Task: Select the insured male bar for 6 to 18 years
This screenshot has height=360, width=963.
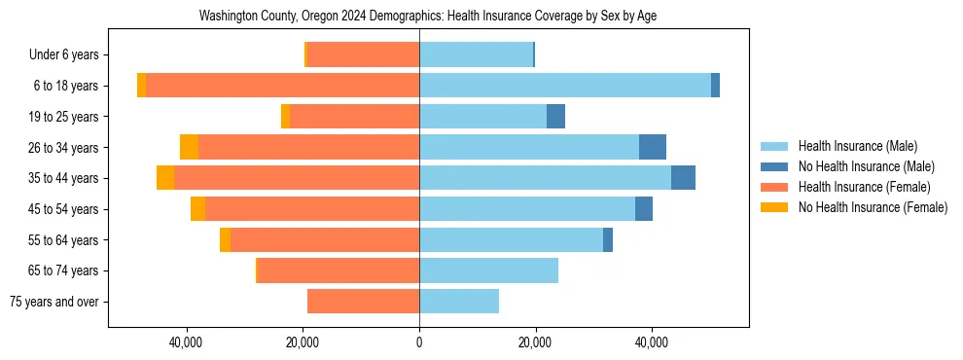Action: click(564, 86)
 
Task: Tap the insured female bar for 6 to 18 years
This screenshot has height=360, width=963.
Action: click(282, 86)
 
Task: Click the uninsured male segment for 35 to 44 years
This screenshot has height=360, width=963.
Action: click(683, 178)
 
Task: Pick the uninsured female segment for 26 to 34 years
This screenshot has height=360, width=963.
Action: click(189, 147)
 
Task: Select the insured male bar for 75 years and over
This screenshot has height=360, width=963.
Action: click(459, 302)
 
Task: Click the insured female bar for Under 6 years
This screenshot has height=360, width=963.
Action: click(363, 54)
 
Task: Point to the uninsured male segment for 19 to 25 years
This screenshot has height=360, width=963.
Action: click(555, 117)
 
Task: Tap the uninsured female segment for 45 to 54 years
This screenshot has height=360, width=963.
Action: click(197, 209)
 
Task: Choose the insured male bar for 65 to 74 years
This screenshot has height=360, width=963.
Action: click(488, 270)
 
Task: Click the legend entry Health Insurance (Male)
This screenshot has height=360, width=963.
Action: click(857, 146)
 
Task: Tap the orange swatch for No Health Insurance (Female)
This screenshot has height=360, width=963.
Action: click(775, 207)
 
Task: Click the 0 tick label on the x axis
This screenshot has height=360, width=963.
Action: click(419, 342)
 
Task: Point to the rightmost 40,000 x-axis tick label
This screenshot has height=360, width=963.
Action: click(651, 342)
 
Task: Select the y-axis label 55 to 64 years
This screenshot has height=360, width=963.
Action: click(64, 240)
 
